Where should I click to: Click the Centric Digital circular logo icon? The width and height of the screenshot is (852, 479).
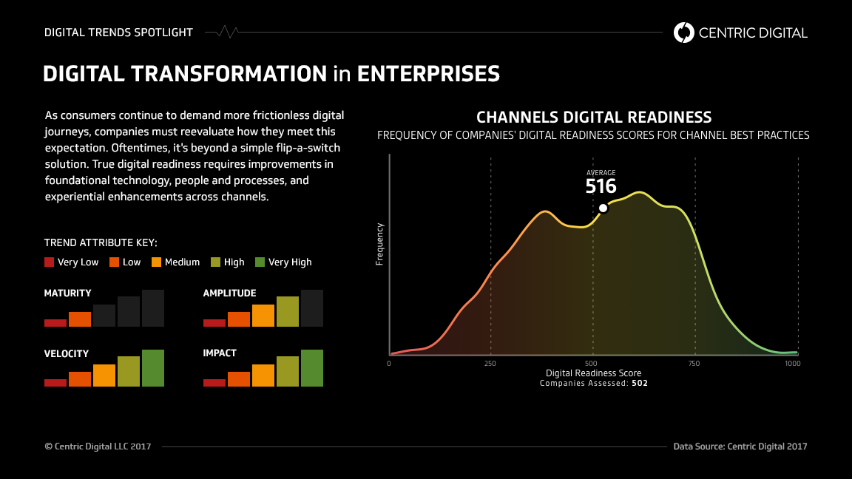(684, 32)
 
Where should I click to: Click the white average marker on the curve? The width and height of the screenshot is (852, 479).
(603, 208)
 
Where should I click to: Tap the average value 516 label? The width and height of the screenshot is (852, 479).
(601, 186)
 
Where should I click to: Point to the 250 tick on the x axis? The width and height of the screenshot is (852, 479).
(490, 364)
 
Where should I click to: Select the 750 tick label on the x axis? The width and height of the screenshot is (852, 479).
(694, 364)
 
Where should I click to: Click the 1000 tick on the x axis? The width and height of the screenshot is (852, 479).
(791, 364)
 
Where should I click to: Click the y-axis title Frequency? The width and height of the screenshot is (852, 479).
(379, 244)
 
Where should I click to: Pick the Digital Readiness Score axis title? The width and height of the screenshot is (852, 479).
(593, 373)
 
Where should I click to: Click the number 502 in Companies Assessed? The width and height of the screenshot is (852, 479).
(640, 384)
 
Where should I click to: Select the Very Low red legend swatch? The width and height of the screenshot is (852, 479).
(50, 262)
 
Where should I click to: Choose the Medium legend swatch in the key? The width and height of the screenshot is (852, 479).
(156, 262)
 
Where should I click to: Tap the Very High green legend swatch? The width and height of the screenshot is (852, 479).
(260, 262)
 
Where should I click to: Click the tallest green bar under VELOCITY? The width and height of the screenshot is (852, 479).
(153, 367)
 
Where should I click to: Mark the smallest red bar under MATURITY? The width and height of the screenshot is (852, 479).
(55, 322)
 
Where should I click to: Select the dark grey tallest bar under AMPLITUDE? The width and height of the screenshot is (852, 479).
(312, 308)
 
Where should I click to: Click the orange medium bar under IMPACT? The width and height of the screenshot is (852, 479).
(263, 375)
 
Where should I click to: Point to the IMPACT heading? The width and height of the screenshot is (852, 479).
(220, 353)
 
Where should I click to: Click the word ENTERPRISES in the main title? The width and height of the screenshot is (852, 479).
(428, 74)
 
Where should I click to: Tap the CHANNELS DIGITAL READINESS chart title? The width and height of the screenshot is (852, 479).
(593, 118)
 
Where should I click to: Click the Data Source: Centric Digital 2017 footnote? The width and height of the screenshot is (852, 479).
(740, 446)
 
